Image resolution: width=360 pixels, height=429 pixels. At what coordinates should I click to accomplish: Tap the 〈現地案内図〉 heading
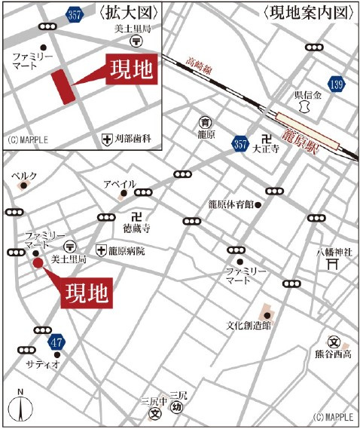pyautogui.click(x=307, y=12)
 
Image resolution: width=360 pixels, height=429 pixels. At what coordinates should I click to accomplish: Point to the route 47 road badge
pyautogui.click(x=55, y=343)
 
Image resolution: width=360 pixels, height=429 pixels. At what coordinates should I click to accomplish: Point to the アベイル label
pyautogui.click(x=119, y=183)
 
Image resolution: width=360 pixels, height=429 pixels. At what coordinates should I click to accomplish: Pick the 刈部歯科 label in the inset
pyautogui.click(x=133, y=139)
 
